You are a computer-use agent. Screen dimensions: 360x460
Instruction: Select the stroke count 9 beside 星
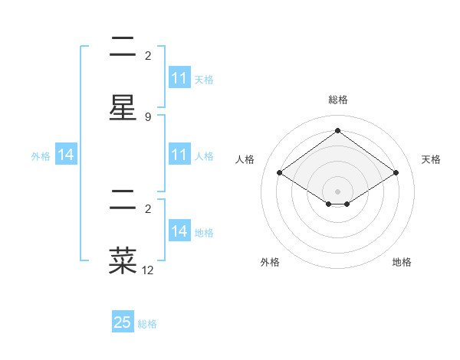(148, 117)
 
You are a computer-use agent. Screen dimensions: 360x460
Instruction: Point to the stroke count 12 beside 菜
(149, 270)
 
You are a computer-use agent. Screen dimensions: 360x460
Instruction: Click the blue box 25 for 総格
(123, 322)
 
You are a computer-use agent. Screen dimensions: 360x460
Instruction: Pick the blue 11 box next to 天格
(179, 78)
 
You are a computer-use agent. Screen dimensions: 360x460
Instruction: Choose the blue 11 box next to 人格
(179, 155)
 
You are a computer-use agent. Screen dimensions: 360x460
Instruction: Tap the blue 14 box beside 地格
(179, 231)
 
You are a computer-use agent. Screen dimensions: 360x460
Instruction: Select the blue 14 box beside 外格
(66, 155)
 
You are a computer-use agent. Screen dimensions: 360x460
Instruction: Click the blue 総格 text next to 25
(147, 324)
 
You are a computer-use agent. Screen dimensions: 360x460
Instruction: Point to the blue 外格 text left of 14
(41, 156)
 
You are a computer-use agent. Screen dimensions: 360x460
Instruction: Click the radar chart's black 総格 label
(337, 100)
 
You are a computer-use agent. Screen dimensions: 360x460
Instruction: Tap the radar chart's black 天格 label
(431, 159)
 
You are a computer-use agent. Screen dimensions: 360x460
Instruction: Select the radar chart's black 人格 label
(245, 159)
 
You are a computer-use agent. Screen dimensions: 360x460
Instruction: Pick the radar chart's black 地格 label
(402, 262)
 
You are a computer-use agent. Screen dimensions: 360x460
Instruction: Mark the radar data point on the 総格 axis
(337, 130)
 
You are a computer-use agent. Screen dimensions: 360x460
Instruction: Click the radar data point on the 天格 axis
(396, 173)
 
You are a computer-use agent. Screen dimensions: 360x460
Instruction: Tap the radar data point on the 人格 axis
(280, 173)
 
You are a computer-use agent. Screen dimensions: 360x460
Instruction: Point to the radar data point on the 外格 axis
(329, 204)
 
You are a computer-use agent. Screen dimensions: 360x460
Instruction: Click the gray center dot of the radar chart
(337, 191)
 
